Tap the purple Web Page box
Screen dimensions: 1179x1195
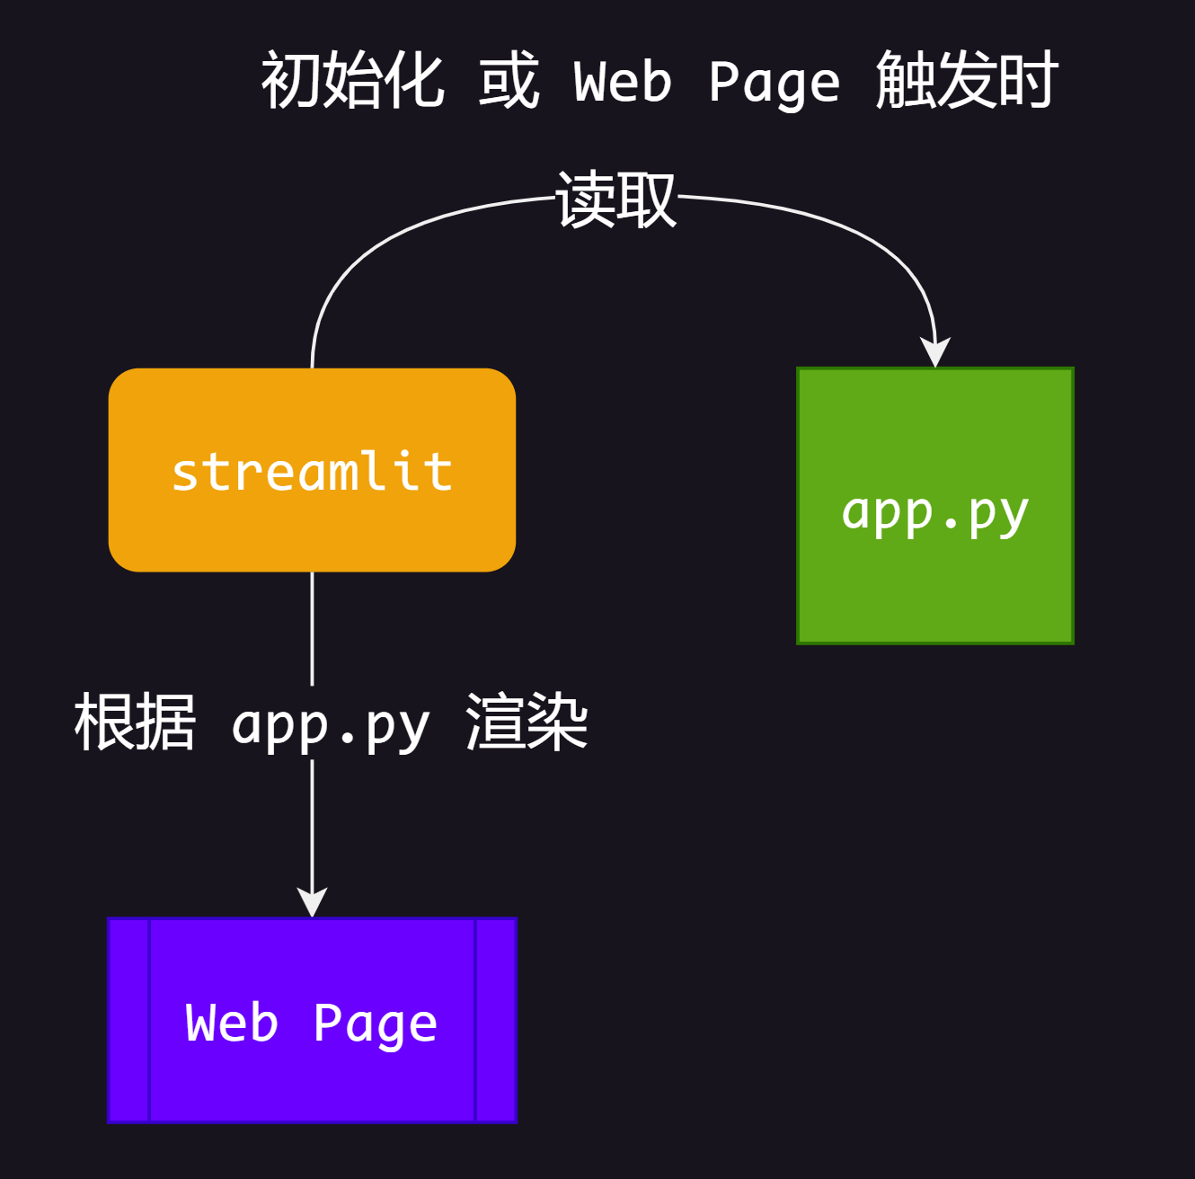pos(312,1078)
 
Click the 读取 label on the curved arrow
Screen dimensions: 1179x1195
pos(615,199)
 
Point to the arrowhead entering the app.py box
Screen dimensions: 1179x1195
pos(935,352)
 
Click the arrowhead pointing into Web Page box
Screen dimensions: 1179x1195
pos(312,901)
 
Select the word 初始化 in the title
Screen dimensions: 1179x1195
pos(352,81)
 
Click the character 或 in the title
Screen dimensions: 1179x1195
pos(509,81)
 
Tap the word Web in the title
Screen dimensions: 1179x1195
pos(623,83)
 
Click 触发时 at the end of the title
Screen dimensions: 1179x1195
pos(967,81)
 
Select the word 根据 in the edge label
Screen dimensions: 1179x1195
pos(135,722)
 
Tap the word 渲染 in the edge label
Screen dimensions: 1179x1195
pos(527,722)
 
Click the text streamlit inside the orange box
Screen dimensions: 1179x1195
pos(312,472)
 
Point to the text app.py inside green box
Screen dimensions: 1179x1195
pos(934,512)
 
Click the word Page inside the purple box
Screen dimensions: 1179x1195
pos(375,1024)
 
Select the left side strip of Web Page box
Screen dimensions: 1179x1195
pos(128,1020)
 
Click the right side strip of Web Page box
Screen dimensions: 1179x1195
pos(496,1020)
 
